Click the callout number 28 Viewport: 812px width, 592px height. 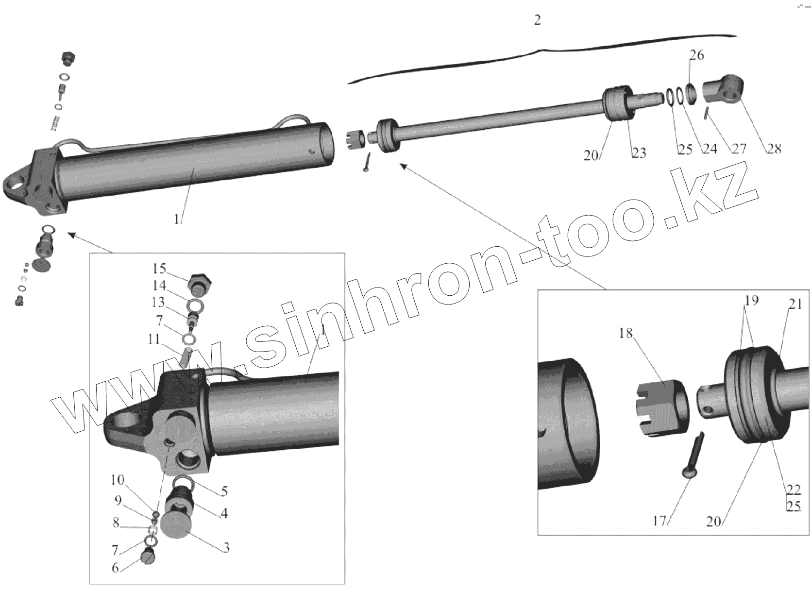(774, 149)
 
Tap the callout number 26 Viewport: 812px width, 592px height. (696, 55)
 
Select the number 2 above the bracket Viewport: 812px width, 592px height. (537, 20)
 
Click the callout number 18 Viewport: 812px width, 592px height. (626, 334)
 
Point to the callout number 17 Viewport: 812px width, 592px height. (659, 522)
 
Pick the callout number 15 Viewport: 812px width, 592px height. (159, 269)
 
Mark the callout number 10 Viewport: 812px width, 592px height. (117, 480)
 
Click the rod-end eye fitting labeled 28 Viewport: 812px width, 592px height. (723, 90)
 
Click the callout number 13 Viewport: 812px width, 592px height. (158, 302)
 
